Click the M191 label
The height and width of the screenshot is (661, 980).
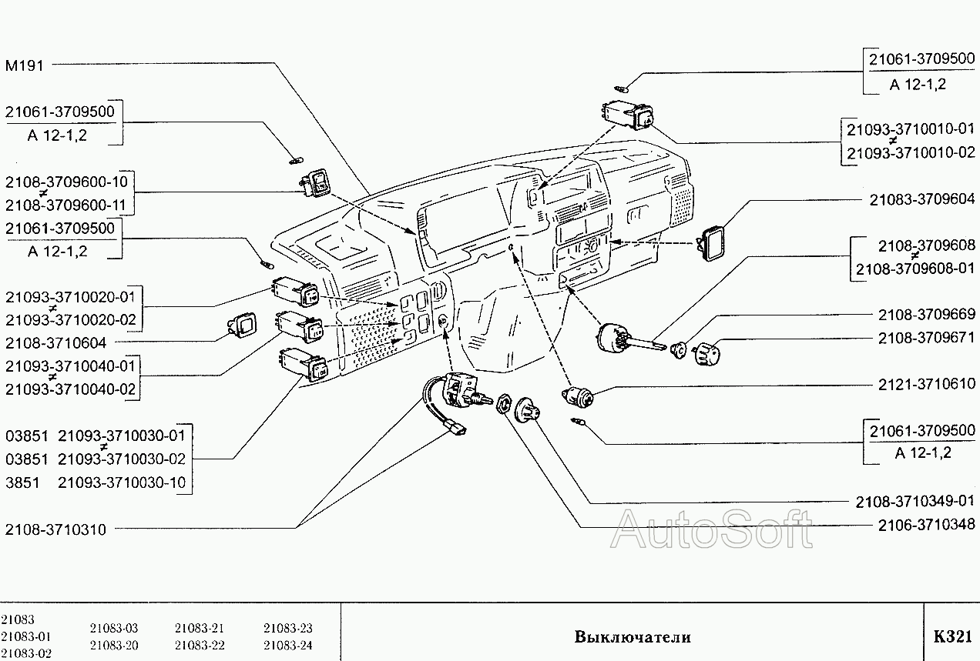coord(25,65)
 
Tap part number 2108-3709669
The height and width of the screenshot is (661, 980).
coord(926,315)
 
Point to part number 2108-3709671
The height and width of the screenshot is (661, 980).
coord(926,338)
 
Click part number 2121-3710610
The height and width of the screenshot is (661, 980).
coord(926,383)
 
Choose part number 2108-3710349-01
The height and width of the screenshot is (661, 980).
coord(915,502)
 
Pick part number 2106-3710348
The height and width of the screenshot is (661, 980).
coord(926,525)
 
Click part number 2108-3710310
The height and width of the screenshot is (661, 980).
coord(55,529)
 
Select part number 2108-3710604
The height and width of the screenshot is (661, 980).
coord(55,343)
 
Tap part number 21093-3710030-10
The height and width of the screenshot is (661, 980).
coord(123,482)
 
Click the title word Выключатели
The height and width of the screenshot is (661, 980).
coord(632,637)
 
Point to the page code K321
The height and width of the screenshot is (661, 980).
coord(952,637)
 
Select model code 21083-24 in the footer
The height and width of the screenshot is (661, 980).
coord(288,646)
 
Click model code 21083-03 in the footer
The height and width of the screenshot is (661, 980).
coord(113,629)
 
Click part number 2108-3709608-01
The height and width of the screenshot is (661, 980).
coord(915,269)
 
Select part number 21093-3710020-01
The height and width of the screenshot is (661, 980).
coord(70,296)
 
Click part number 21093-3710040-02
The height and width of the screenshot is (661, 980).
coord(70,389)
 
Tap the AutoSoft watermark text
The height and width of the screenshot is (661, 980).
coord(713,531)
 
